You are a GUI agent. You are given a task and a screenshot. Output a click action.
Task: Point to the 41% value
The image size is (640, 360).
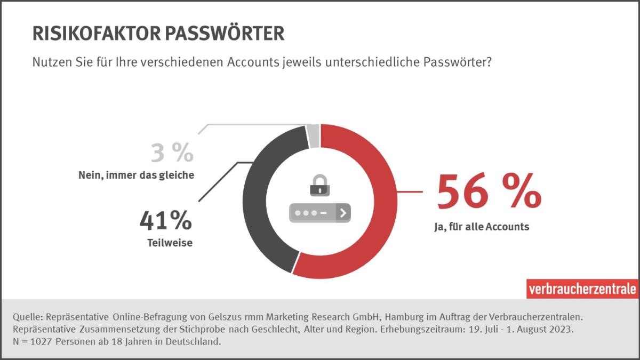(x=165, y=221)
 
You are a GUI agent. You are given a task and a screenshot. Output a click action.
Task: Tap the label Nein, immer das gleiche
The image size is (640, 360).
(x=135, y=174)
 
